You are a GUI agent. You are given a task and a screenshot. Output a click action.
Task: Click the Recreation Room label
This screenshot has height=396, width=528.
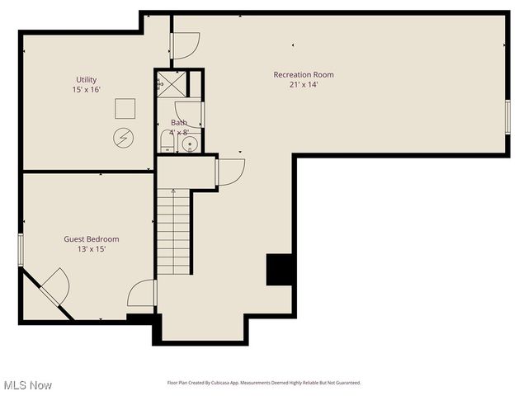click(x=304, y=75)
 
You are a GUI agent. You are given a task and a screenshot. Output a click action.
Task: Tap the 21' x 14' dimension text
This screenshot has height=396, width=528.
click(x=304, y=85)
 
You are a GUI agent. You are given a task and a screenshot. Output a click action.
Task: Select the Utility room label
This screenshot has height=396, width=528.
click(x=87, y=80)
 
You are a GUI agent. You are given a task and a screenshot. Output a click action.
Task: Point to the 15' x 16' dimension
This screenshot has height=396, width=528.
click(x=87, y=90)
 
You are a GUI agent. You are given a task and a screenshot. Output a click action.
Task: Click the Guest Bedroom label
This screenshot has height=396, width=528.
click(x=92, y=239)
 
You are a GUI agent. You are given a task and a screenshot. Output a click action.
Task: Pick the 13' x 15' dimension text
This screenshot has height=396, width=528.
click(x=92, y=249)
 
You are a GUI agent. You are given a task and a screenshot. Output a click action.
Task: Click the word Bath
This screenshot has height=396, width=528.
click(x=179, y=123)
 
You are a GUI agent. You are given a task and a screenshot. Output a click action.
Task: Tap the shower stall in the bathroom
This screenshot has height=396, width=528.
click(x=171, y=82)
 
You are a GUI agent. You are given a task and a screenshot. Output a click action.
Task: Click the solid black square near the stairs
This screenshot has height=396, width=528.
click(x=279, y=270)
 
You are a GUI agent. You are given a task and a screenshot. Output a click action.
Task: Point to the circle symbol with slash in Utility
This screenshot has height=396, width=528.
click(x=123, y=138)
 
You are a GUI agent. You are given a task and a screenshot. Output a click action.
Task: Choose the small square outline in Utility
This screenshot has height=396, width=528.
click(x=125, y=109)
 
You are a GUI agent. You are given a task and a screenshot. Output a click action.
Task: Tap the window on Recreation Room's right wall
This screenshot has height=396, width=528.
click(x=507, y=115)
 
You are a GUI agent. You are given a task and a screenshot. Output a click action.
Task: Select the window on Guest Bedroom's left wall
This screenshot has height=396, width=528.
click(x=21, y=249)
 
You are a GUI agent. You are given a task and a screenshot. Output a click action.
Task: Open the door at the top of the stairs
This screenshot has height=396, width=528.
click(x=229, y=172)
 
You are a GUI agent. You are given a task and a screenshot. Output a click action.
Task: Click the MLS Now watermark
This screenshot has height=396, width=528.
click(x=28, y=385)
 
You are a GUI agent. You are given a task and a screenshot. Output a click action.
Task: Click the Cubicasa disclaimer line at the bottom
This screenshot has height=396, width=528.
click(x=264, y=383)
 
